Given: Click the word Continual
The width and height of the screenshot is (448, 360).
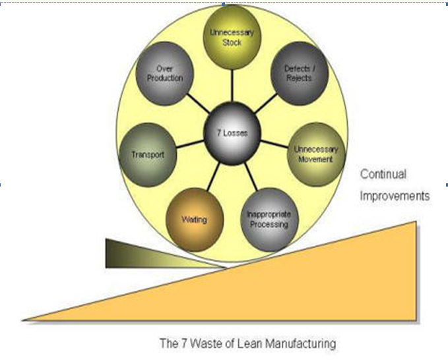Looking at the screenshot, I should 383,175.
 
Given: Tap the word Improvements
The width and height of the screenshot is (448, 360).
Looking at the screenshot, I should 395,196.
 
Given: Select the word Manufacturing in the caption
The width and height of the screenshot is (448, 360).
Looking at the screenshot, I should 300,344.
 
